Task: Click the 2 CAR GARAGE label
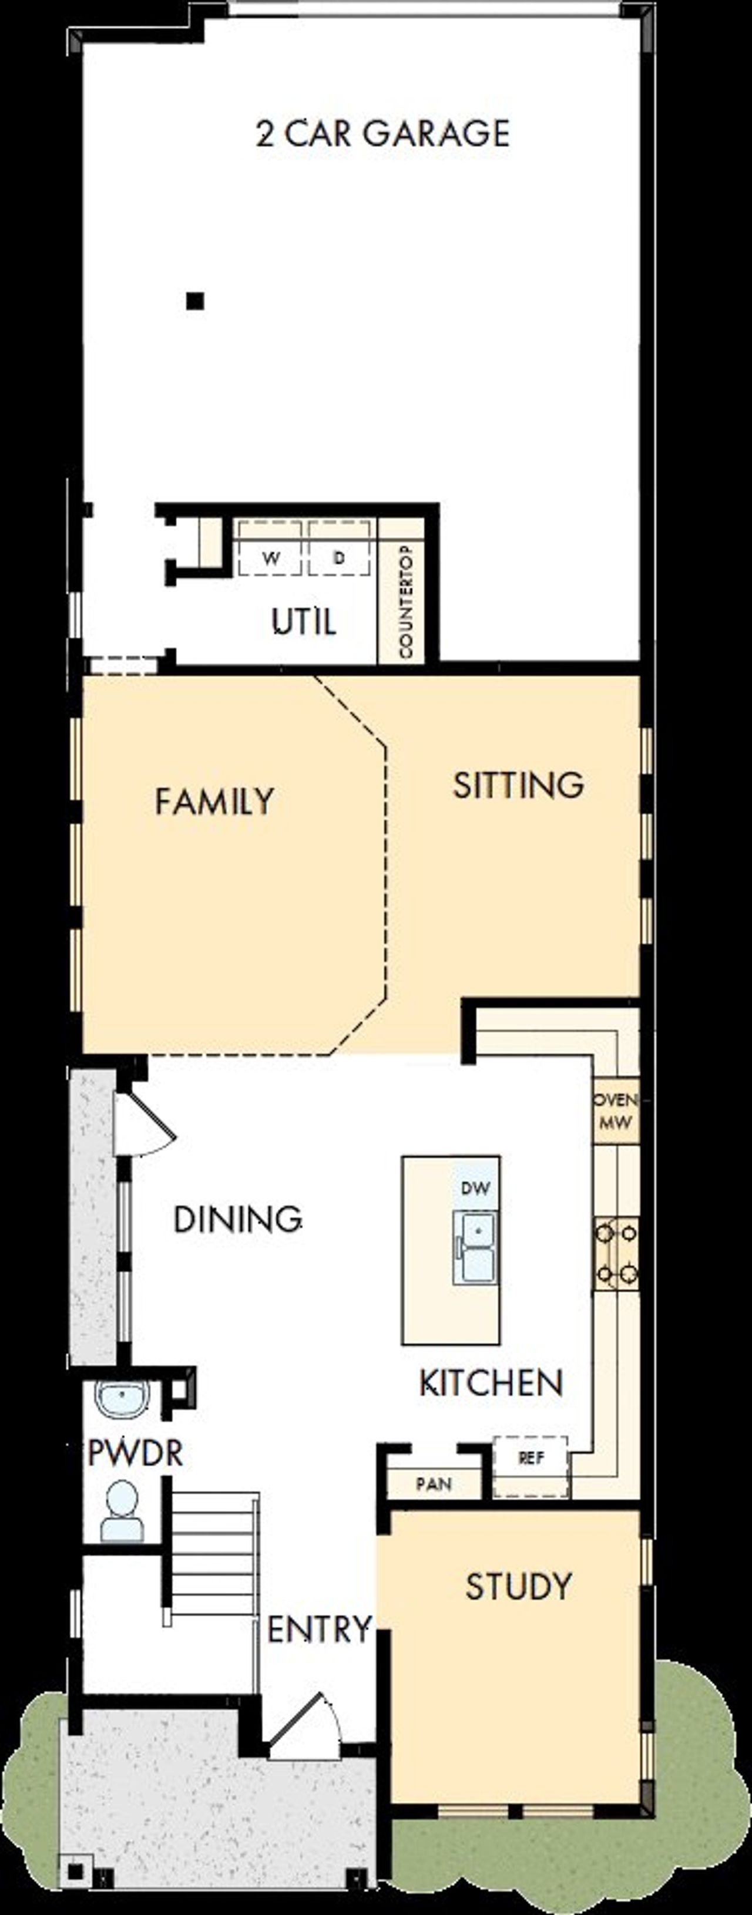(382, 134)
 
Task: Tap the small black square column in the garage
(195, 301)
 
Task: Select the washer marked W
(271, 557)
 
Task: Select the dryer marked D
(339, 557)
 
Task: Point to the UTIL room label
(304, 621)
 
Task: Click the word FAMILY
(214, 802)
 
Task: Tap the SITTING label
(518, 786)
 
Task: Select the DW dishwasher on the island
(475, 1188)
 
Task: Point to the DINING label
(237, 1220)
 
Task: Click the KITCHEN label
(492, 1383)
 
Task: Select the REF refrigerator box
(531, 1459)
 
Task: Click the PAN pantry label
(434, 1485)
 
